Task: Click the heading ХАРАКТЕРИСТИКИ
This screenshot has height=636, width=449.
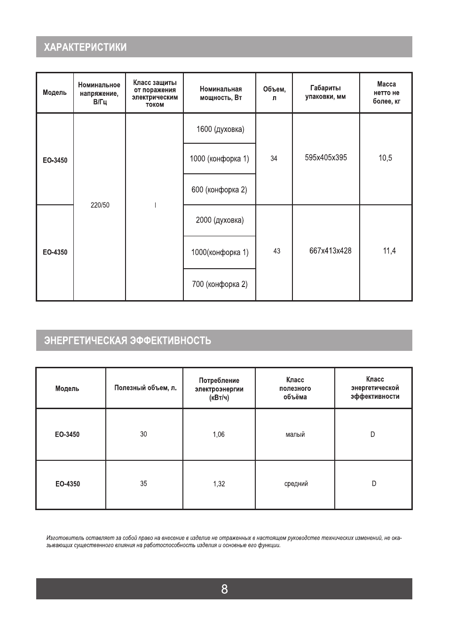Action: pyautogui.click(x=85, y=47)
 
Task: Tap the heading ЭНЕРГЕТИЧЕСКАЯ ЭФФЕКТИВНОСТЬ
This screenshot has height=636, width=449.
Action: pyautogui.click(x=127, y=341)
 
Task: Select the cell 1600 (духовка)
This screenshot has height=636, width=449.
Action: pyautogui.click(x=220, y=129)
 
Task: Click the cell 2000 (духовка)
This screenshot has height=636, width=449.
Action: pyautogui.click(x=220, y=220)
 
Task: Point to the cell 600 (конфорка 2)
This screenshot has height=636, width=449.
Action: pyautogui.click(x=219, y=190)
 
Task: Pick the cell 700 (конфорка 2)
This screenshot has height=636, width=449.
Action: pyautogui.click(x=220, y=284)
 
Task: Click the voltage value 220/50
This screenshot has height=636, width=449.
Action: pyautogui.click(x=100, y=205)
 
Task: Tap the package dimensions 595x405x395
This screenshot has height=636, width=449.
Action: pyautogui.click(x=326, y=158)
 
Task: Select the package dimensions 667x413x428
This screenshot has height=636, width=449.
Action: pyautogui.click(x=330, y=251)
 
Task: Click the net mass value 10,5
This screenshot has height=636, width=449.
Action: pyautogui.click(x=385, y=158)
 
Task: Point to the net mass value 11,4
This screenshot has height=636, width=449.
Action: pyautogui.click(x=389, y=251)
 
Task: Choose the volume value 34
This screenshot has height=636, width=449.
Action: pyautogui.click(x=274, y=159)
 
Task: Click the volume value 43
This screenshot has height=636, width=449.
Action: pyautogui.click(x=276, y=251)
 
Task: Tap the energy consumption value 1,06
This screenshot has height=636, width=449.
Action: pyautogui.click(x=219, y=434)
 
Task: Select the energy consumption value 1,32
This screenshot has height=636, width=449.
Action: pyautogui.click(x=219, y=484)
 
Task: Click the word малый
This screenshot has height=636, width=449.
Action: pyautogui.click(x=295, y=434)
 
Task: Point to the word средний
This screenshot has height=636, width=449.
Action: pyautogui.click(x=296, y=484)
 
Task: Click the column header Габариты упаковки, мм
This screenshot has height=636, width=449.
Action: pyautogui.click(x=325, y=92)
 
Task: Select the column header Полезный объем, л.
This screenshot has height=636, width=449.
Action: pyautogui.click(x=145, y=388)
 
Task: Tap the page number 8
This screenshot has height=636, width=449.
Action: pyautogui.click(x=224, y=589)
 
